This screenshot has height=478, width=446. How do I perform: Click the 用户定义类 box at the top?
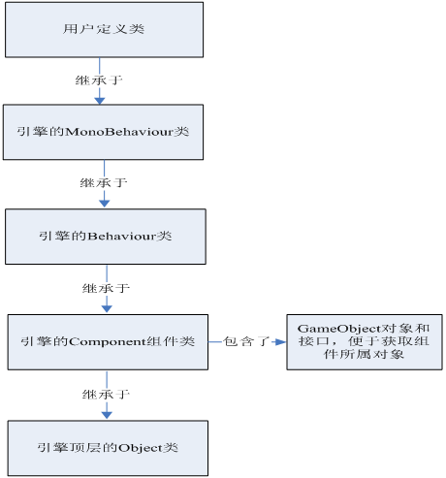click(x=106, y=28)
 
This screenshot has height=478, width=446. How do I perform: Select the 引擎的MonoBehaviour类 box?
click(x=106, y=131)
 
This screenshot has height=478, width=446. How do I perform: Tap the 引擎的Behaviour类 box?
click(x=106, y=236)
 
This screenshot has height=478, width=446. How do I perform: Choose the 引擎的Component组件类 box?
click(x=107, y=341)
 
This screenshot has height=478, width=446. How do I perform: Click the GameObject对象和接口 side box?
click(x=364, y=340)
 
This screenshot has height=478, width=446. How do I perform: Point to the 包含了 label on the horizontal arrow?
click(x=246, y=342)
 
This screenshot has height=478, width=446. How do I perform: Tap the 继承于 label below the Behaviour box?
click(x=105, y=288)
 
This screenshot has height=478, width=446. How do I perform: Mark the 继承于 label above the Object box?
click(x=105, y=395)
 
